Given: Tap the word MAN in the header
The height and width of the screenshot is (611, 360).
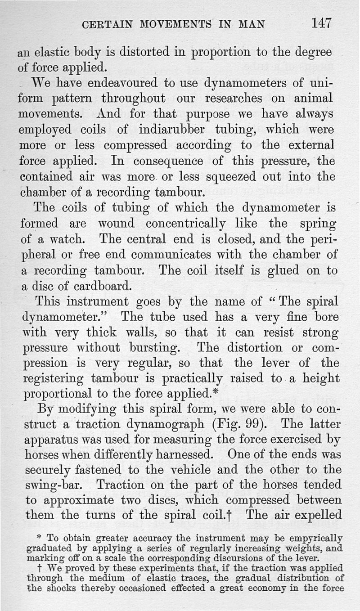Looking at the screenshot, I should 249,23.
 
